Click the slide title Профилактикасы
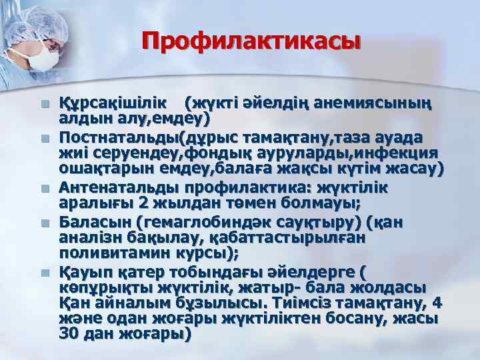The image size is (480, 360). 251,43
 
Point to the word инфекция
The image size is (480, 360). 407,153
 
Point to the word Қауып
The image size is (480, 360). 83,271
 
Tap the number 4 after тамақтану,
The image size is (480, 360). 437,303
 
